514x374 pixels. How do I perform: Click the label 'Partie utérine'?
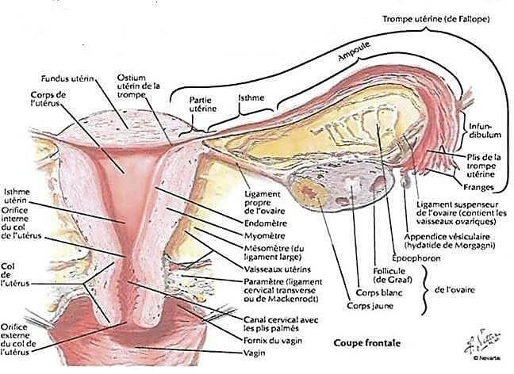click(202, 105)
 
